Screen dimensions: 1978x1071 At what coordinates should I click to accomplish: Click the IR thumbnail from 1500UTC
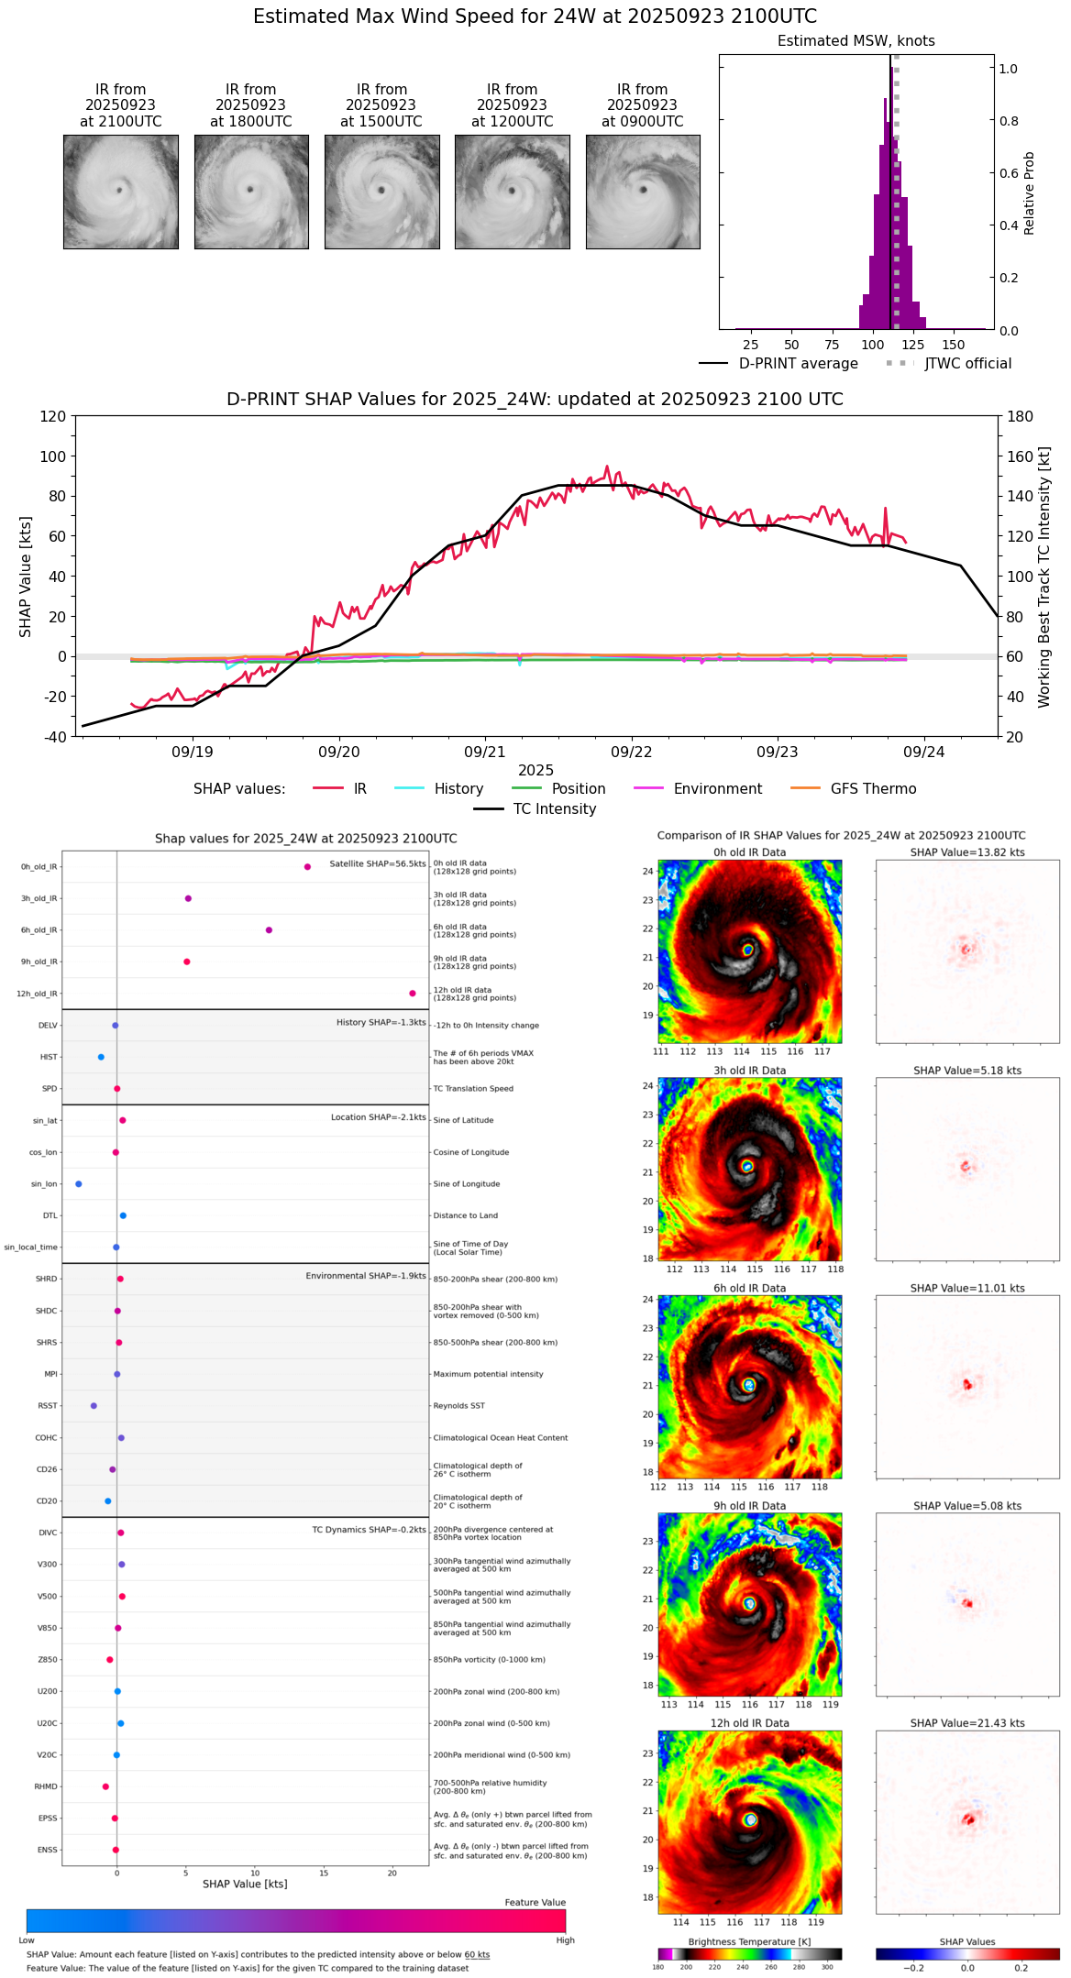click(381, 192)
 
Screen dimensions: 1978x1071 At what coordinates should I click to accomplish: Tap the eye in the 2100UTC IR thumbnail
click(119, 190)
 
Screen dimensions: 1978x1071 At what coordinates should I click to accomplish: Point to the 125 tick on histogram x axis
click(912, 345)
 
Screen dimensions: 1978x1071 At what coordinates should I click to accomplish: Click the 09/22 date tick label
click(631, 752)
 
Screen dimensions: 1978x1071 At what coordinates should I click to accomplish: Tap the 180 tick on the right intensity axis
click(1021, 416)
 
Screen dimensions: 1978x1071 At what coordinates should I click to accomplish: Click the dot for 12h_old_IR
click(413, 994)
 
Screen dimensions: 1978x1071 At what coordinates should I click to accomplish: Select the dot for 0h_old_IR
click(307, 867)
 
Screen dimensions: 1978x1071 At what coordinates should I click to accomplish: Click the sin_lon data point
click(79, 1184)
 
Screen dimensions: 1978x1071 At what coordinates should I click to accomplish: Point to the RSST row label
click(47, 1406)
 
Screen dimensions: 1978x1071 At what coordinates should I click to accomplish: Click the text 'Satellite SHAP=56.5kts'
click(378, 863)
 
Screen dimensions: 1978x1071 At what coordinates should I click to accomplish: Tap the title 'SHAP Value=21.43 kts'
click(967, 1723)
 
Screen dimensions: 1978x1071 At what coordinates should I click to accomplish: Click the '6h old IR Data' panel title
click(749, 1288)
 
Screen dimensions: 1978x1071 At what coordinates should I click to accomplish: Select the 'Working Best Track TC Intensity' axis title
click(1044, 577)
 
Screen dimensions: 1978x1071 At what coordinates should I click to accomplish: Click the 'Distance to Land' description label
click(465, 1215)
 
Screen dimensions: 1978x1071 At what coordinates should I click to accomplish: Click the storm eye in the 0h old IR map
click(747, 951)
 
